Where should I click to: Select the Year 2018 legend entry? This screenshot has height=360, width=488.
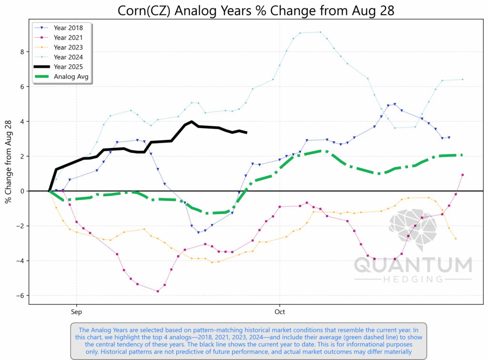[69, 27]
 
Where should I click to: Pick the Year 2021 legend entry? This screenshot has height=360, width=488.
[69, 37]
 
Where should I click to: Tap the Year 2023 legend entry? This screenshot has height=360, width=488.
[69, 47]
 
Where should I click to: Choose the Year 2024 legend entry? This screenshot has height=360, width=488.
[69, 57]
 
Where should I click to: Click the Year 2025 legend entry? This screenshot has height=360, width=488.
[69, 67]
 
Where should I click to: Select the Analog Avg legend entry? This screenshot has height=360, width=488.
[71, 77]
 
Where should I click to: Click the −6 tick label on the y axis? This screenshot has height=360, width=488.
[20, 296]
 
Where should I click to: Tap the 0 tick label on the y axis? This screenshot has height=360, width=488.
[22, 191]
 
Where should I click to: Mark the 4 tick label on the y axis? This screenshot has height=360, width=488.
[22, 121]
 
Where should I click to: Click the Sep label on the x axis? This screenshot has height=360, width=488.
[76, 313]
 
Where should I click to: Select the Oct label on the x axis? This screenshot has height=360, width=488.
[279, 313]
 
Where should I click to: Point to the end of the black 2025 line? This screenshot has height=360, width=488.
[246, 132]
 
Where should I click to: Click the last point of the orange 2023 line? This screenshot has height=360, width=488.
[456, 239]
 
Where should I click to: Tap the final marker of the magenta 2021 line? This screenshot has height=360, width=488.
[463, 175]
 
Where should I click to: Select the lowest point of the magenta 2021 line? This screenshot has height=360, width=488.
[158, 291]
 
